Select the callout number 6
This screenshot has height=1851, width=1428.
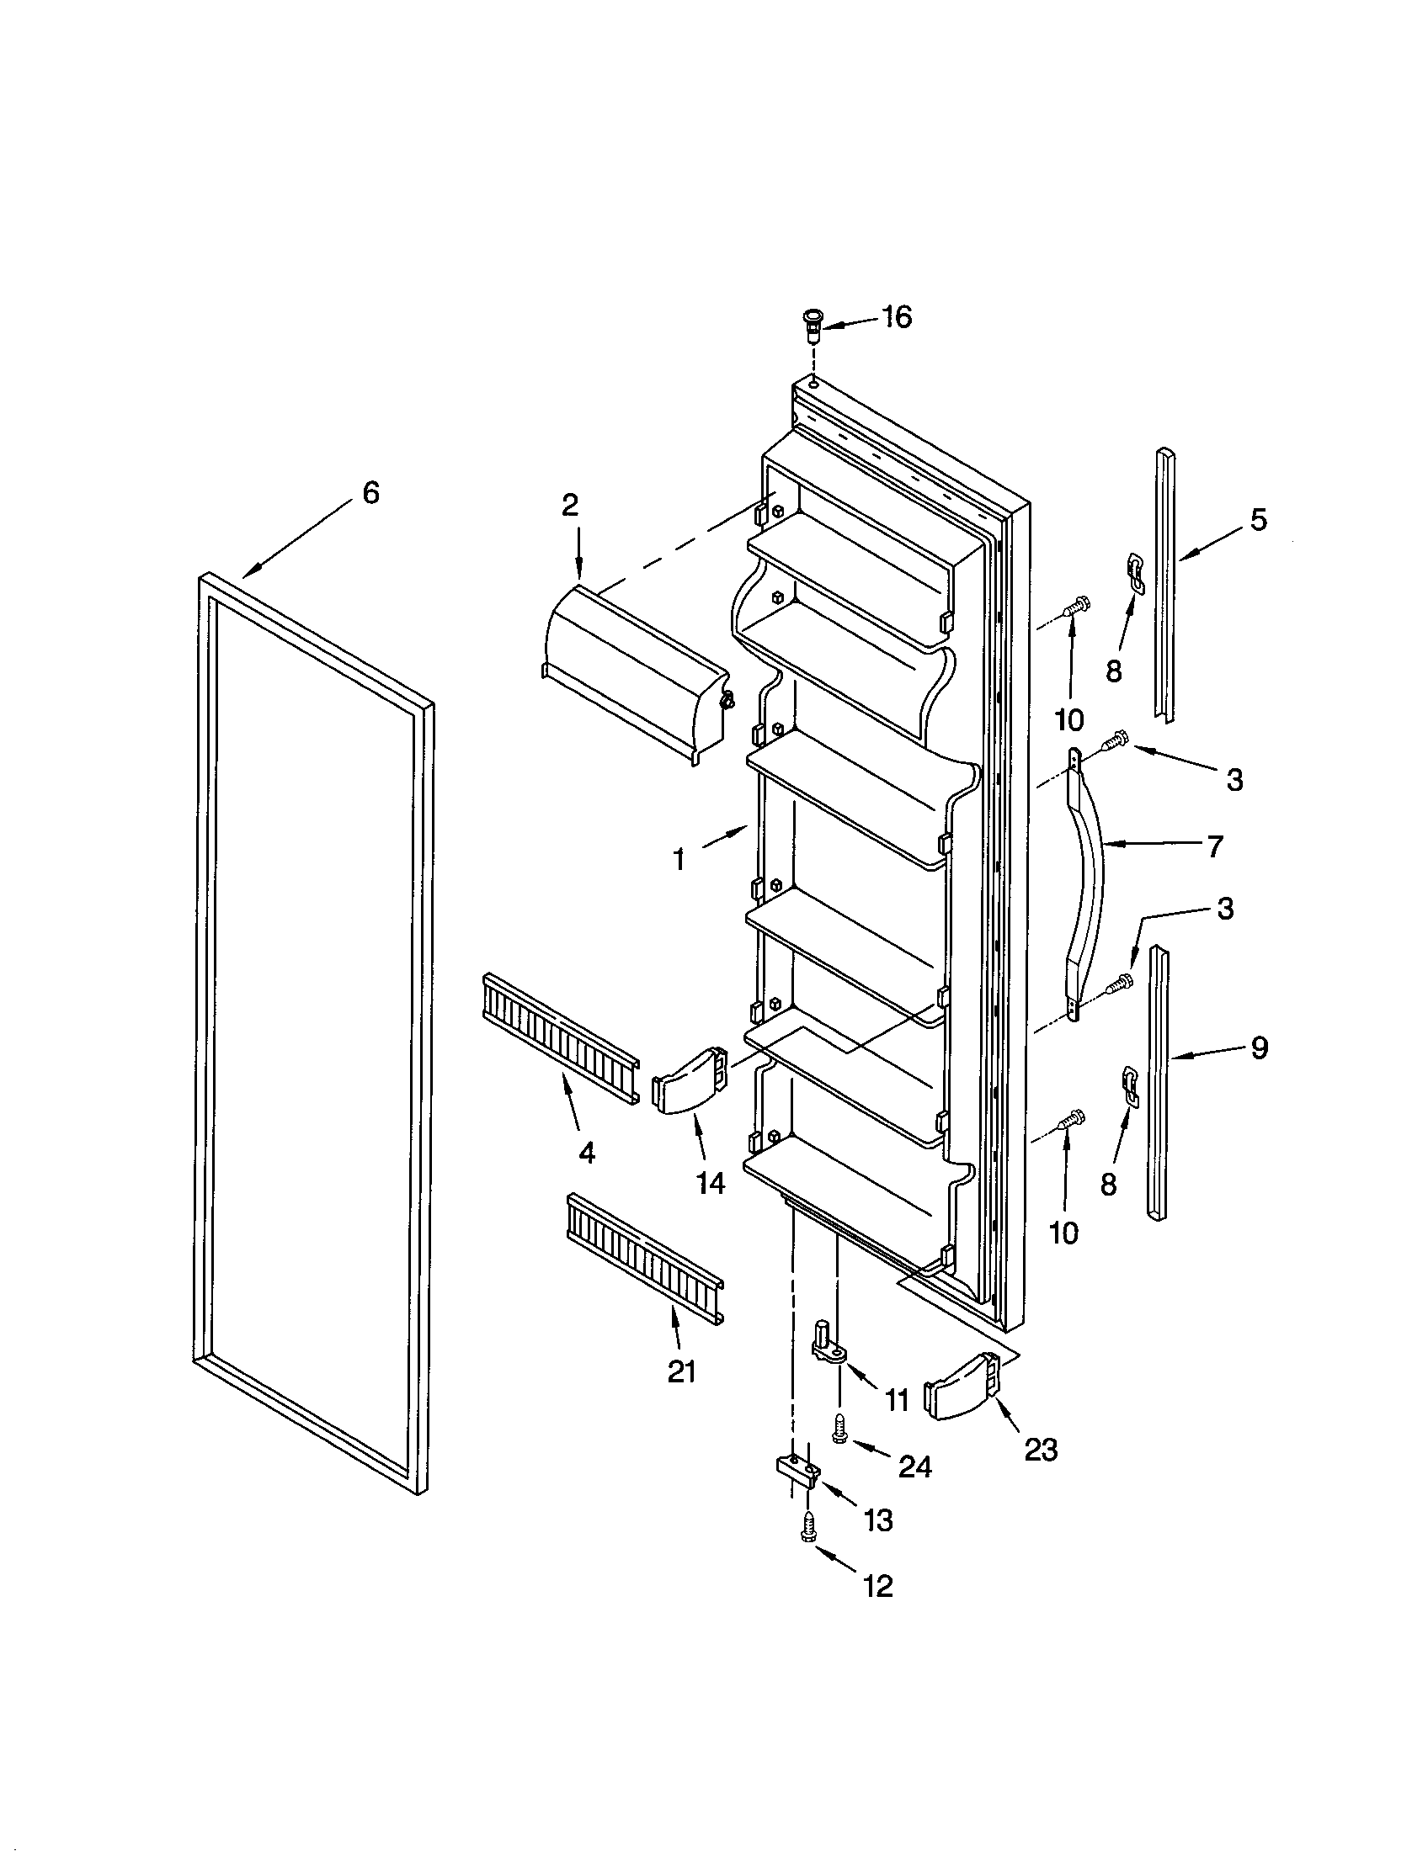[370, 493]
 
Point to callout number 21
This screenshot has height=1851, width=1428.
[681, 1371]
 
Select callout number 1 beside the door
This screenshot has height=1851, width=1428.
[679, 859]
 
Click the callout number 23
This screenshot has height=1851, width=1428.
[1040, 1451]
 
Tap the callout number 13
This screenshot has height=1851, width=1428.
[878, 1520]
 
